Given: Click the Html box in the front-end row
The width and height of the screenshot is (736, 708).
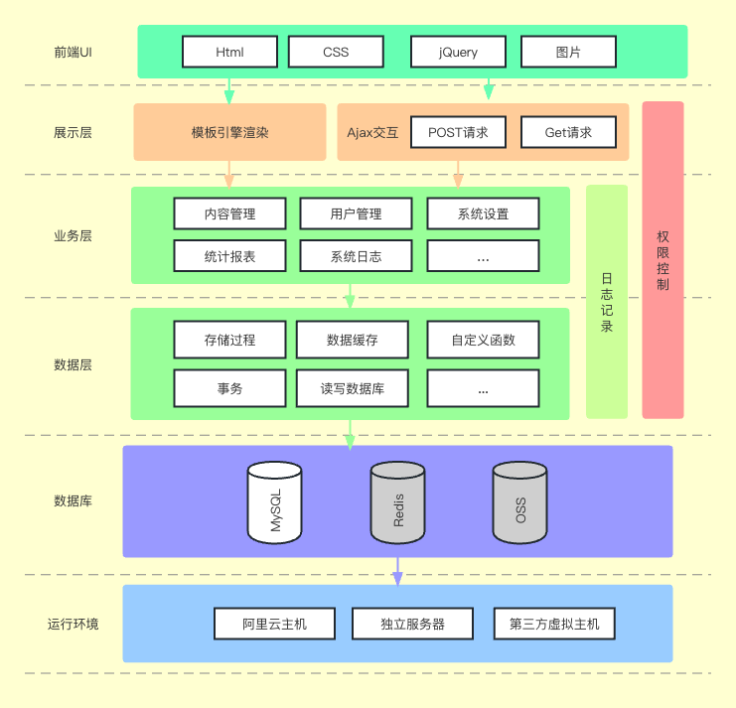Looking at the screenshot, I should pos(229,52).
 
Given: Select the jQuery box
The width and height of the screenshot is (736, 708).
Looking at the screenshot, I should pos(458,52).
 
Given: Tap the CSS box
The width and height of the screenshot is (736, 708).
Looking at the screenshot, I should pos(336,52).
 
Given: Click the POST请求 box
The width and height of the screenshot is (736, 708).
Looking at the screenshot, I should pos(458,132).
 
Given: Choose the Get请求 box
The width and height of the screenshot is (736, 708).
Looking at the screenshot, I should pos(568,132).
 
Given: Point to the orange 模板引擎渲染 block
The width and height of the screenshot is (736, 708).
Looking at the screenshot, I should pos(229,132).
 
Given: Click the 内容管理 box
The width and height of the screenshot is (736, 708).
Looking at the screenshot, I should pos(229,213).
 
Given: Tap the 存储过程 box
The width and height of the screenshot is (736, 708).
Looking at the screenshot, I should pos(229,340).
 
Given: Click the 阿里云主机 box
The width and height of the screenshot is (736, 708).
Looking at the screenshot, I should pos(275,624).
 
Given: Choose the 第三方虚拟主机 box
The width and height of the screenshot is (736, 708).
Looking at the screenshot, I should pos(554,624).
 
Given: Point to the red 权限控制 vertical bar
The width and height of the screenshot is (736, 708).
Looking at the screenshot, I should pos(662,260).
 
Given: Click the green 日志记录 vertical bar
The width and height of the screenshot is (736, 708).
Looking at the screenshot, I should pos(607,302).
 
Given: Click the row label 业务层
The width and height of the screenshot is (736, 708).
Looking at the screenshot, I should pos(73,236).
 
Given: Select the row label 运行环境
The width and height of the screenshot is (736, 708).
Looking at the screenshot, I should pos(73,624).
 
